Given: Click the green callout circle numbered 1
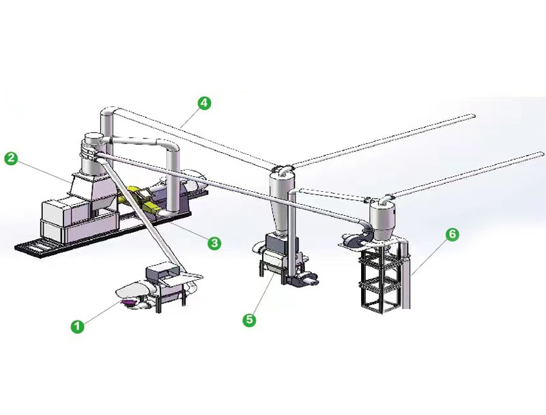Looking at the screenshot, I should [x=78, y=326].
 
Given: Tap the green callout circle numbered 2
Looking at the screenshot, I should [x=11, y=158].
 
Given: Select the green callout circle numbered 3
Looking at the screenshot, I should [x=214, y=242].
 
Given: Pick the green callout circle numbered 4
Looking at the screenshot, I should [x=203, y=103].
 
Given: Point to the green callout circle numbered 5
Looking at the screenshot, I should [x=250, y=319].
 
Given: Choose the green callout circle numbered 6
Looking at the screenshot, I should [x=451, y=234].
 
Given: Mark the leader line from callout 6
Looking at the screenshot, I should [x=430, y=255].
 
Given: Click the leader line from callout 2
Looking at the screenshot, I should [x=41, y=169].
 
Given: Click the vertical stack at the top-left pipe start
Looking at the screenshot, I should [x=109, y=124].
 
